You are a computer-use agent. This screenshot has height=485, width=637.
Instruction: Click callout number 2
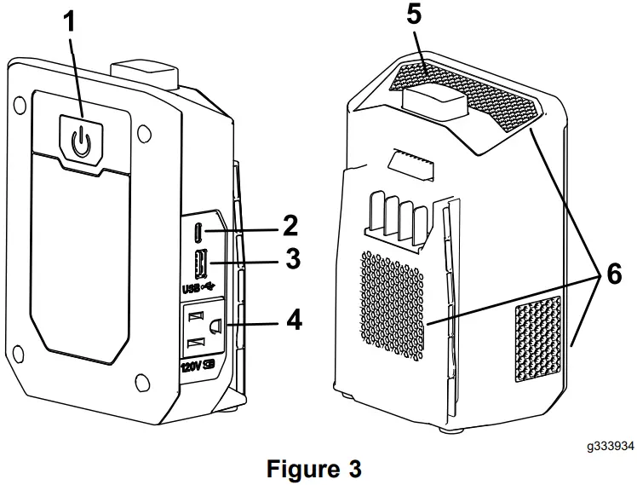[290, 226]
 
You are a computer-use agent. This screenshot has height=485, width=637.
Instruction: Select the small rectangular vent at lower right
[537, 338]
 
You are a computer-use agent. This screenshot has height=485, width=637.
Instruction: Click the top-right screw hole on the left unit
[143, 134]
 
